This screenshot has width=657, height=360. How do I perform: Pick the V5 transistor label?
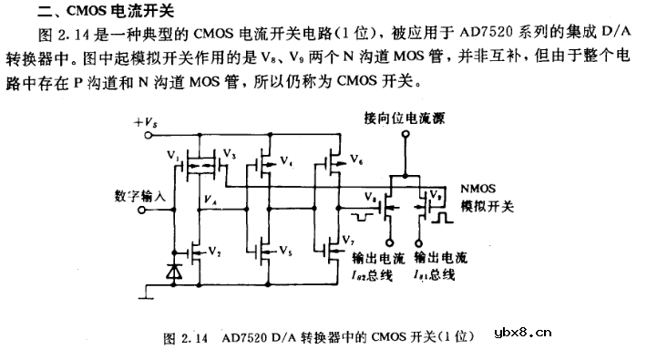pyautogui.click(x=285, y=251)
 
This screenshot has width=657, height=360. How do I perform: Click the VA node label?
pyautogui.click(x=210, y=200)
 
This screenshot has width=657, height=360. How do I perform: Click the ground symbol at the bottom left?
pyautogui.click(x=145, y=293)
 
